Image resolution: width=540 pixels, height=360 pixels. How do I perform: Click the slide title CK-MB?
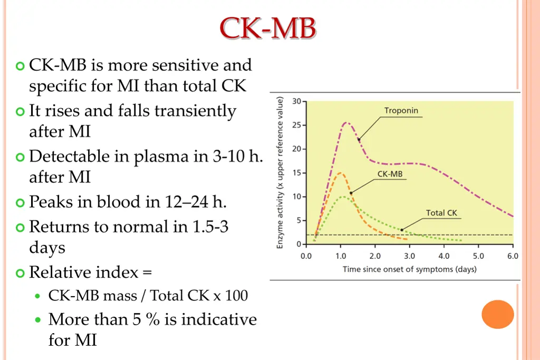coord(268,28)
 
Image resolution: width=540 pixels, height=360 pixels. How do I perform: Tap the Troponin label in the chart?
coord(401,111)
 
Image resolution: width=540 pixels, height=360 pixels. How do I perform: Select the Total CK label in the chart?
coord(442,213)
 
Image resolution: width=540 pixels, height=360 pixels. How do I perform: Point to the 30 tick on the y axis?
coord(297,101)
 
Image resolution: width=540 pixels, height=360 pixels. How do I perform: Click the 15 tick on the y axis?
coord(297,173)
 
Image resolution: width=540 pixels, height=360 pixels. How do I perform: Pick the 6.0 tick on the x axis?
coord(513,257)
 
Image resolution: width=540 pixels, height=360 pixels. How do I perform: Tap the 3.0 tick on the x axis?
coord(409,257)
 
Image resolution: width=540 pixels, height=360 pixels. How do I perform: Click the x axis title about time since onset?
coord(409,269)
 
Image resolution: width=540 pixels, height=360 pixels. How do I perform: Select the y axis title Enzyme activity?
coord(281,172)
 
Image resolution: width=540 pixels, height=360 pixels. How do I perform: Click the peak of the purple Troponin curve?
coord(346,123)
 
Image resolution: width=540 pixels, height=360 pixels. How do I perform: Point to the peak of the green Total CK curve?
coord(343,197)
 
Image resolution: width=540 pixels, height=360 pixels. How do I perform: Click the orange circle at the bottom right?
coord(498,314)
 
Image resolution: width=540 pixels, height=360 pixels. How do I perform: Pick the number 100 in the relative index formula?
coord(236,295)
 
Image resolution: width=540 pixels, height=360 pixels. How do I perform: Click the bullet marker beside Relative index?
coord(21,273)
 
